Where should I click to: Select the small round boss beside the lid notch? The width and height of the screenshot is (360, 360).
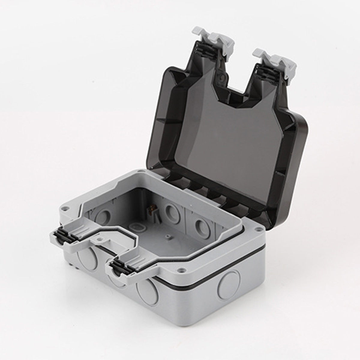(x=221, y=77)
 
